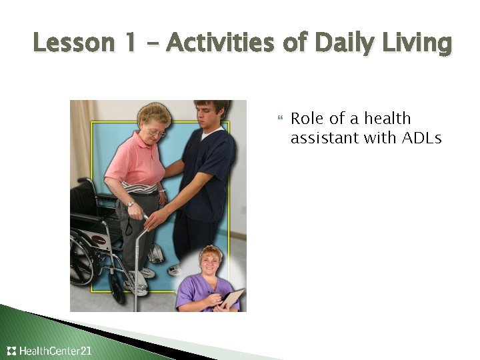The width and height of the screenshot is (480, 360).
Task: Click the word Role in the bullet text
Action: click(x=308, y=119)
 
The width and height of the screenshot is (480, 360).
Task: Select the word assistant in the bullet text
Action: click(x=324, y=139)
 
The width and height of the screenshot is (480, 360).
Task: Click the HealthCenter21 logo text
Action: click(x=56, y=351)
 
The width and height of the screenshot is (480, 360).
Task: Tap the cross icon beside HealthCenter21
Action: click(x=11, y=351)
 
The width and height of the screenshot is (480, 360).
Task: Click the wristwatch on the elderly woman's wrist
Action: click(x=131, y=203)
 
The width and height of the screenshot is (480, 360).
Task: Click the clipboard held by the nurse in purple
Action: click(x=231, y=298)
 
